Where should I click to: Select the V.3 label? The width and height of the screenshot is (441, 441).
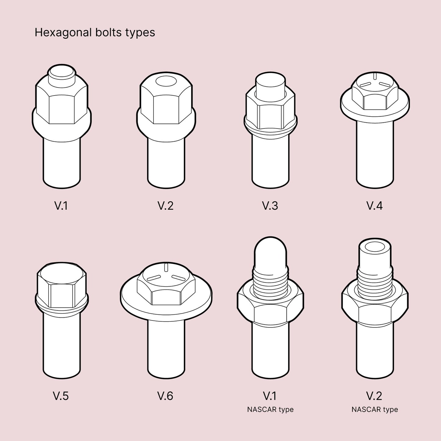270,206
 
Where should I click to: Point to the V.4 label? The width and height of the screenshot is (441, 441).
374,206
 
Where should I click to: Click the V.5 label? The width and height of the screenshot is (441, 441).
61,396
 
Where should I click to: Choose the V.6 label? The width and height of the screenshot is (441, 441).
165,396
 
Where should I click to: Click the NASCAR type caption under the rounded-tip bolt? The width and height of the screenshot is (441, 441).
270,410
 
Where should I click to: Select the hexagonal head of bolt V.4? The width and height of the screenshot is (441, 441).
374,95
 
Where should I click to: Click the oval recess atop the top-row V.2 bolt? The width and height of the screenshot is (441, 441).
166,82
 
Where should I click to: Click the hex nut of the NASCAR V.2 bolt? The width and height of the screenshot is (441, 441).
374,308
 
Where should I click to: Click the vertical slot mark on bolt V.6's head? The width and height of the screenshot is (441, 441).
166,267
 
